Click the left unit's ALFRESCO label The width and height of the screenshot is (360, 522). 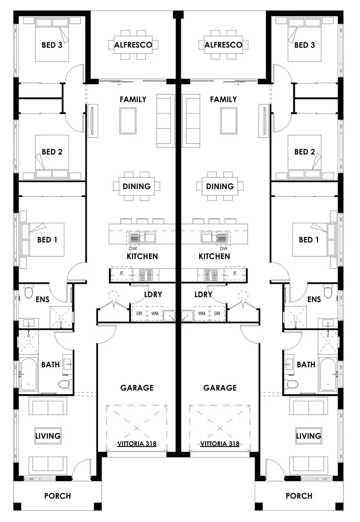[133, 45]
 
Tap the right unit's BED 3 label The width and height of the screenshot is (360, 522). [305, 45]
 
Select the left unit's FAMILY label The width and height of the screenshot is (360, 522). [133, 99]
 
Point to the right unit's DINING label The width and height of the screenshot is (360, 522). [220, 186]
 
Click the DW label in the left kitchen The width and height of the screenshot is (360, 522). [133, 248]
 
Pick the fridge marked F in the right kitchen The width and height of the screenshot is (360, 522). [235, 274]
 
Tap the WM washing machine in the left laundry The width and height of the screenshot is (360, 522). [155, 313]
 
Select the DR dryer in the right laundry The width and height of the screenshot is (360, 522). [217, 313]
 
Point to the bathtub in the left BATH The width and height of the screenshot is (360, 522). [29, 375]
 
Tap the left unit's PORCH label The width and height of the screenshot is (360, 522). [58, 496]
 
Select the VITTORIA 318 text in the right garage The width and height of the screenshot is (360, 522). [220, 444]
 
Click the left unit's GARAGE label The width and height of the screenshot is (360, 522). [137, 388]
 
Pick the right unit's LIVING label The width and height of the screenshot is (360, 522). [309, 436]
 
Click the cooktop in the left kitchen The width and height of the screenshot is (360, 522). [146, 275]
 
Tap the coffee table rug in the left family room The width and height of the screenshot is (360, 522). [128, 121]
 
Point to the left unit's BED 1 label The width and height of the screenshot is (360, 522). [47, 240]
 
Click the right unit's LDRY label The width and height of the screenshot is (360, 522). [203, 295]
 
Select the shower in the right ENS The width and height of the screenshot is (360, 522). [295, 317]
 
